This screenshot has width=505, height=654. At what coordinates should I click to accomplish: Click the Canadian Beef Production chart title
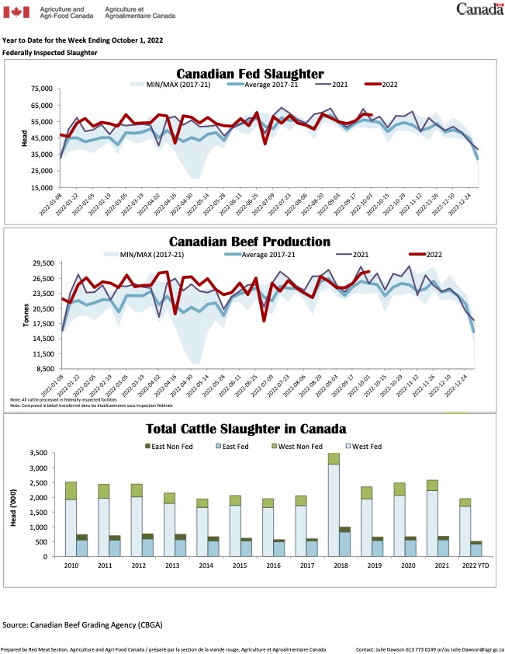coord(249,242)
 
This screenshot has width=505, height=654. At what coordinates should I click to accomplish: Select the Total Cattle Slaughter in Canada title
coord(246,429)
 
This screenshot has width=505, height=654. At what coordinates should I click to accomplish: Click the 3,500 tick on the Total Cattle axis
coord(38,454)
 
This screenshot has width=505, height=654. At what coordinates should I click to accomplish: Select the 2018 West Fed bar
coord(333,510)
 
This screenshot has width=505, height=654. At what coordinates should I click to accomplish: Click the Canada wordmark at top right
coord(476,10)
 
